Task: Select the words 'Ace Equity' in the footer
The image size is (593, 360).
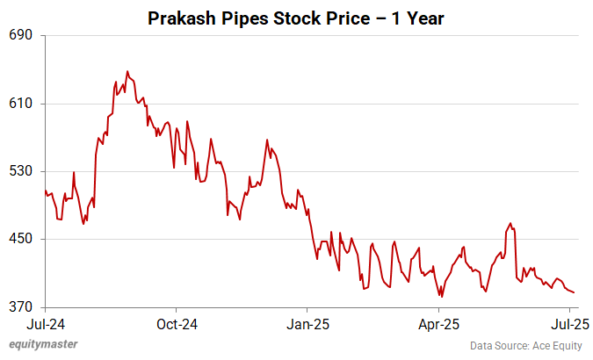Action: tap(554, 345)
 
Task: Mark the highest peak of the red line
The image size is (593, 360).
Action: tap(127, 71)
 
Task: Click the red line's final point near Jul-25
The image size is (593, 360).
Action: tap(575, 292)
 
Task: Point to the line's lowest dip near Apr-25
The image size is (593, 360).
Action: tap(442, 297)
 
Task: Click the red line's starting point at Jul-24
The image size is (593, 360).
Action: tap(45, 191)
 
